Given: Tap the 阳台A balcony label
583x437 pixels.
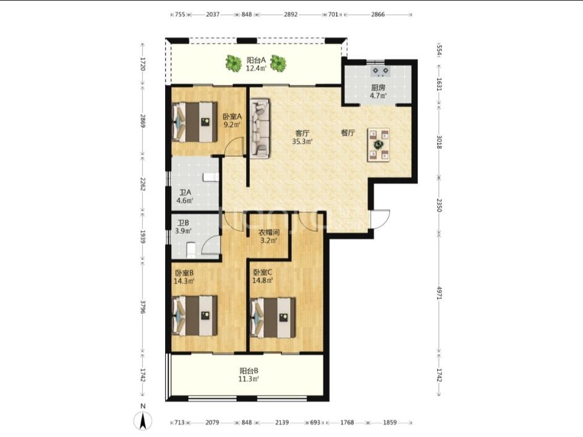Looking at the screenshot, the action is pyautogui.click(x=256, y=60).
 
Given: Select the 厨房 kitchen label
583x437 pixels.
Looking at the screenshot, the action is pyautogui.click(x=378, y=89).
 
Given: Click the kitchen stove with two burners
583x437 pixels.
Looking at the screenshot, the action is pyautogui.click(x=381, y=71).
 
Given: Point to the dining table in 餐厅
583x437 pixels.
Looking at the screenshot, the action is pyautogui.click(x=379, y=145).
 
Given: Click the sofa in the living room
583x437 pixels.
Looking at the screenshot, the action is pyautogui.click(x=260, y=128).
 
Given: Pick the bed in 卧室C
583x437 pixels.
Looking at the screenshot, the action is pyautogui.click(x=273, y=318).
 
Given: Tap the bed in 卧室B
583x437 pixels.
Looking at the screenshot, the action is pyautogui.click(x=195, y=316).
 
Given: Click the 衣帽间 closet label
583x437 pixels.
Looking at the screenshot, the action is pyautogui.click(x=269, y=232).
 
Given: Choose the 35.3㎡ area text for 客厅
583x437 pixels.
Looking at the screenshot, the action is pyautogui.click(x=302, y=142).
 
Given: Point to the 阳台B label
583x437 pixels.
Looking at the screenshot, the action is pyautogui.click(x=249, y=371).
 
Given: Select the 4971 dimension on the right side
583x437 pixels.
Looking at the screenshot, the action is pyautogui.click(x=439, y=293).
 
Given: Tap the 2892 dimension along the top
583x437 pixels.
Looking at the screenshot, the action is pyautogui.click(x=291, y=14).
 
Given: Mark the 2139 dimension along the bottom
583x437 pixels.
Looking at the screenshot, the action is pyautogui.click(x=282, y=423).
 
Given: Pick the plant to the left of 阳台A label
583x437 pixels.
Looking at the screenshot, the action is pyautogui.click(x=234, y=63).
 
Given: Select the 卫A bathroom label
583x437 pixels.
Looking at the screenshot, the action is pyautogui.click(x=185, y=193).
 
